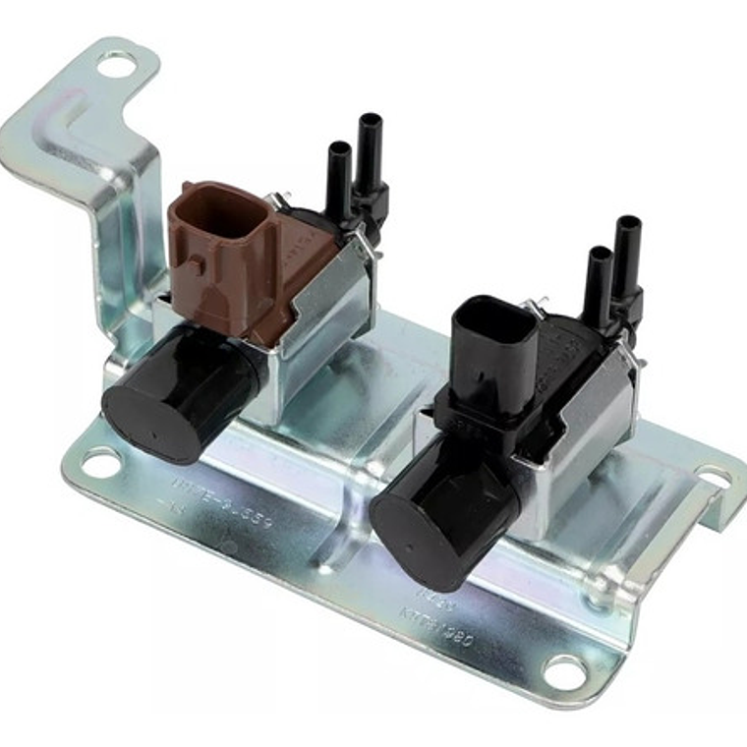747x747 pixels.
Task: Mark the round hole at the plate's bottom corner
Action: point(564,673)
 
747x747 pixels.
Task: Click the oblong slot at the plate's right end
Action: point(715,479)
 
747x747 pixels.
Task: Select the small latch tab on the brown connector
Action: point(197,263)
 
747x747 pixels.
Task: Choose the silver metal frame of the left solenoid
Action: point(324,324)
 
